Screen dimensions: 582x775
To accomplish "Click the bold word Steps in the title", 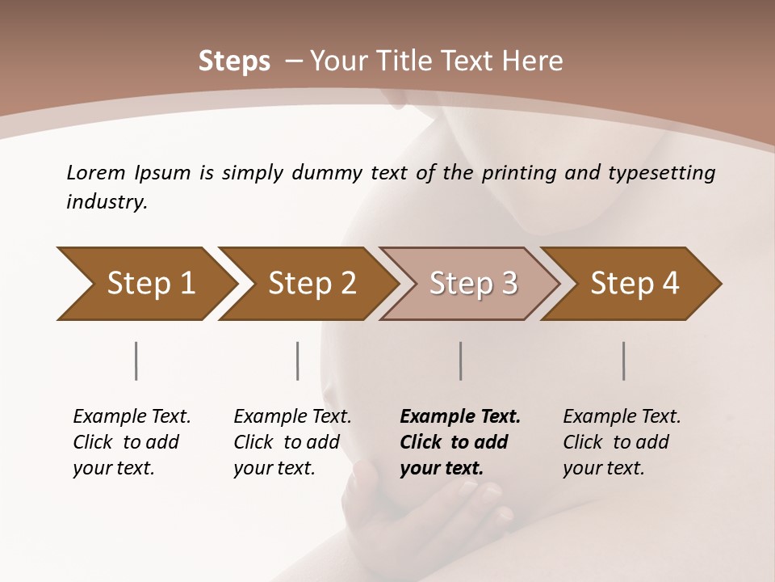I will tap(234, 61).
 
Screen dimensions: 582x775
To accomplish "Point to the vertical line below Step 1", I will tap(136, 361).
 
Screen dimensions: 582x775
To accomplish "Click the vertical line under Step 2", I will tap(298, 361).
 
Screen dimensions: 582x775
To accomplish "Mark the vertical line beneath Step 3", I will tap(461, 361).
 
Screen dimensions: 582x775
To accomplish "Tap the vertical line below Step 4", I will tap(624, 361).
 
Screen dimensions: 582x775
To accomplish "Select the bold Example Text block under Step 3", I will tap(460, 442).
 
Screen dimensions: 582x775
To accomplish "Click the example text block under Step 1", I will tap(132, 442).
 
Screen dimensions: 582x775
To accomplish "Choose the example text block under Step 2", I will tap(292, 442).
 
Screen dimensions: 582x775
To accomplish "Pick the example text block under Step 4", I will tap(622, 442).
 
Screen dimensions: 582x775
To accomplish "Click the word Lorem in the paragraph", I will tap(95, 173).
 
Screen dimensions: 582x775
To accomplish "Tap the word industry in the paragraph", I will tap(107, 202).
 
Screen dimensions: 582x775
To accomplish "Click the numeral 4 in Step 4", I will tap(669, 284).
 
